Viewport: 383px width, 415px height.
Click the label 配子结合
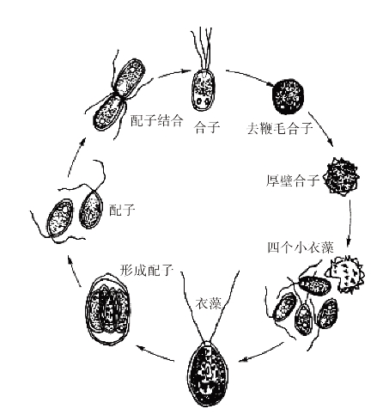click(x=156, y=120)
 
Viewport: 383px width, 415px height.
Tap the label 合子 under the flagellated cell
click(x=207, y=127)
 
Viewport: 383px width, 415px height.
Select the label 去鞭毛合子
click(x=280, y=128)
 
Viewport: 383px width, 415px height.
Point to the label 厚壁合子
click(x=293, y=180)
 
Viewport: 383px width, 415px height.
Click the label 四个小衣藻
click(x=301, y=247)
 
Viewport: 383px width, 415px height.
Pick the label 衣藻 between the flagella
click(x=209, y=303)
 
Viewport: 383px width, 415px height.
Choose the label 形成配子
click(x=147, y=270)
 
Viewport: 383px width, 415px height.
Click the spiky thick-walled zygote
click(x=341, y=177)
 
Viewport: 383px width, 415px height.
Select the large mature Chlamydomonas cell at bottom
click(x=208, y=374)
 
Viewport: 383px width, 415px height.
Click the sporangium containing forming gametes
click(x=107, y=309)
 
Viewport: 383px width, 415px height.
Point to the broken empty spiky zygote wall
click(x=347, y=274)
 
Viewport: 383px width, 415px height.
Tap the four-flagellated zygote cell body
click(x=203, y=90)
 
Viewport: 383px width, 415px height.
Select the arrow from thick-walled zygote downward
click(x=350, y=223)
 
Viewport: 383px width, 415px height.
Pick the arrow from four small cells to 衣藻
click(x=261, y=351)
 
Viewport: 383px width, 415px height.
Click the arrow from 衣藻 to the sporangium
click(x=155, y=353)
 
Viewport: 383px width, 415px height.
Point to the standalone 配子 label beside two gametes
click(x=122, y=211)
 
